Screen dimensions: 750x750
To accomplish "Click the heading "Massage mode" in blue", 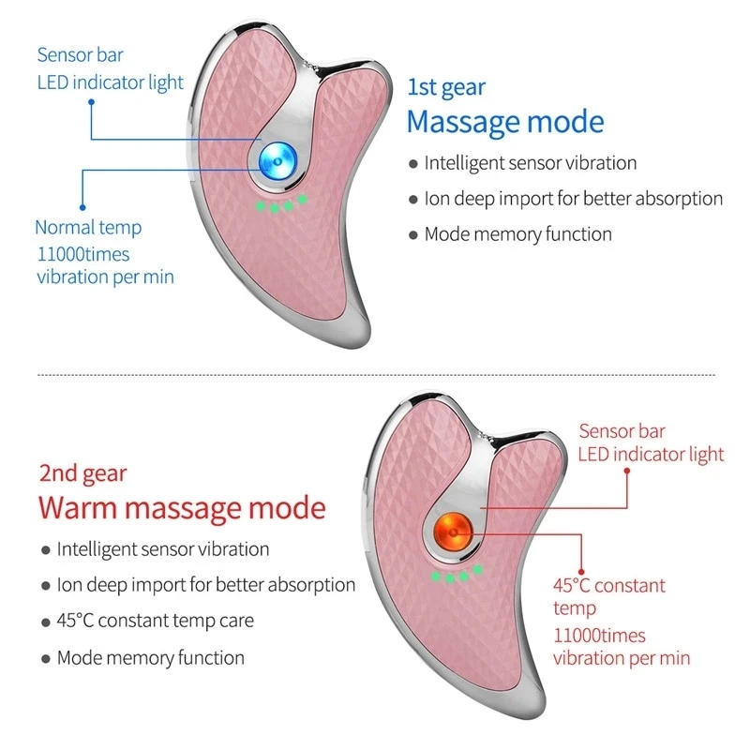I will point(505,122).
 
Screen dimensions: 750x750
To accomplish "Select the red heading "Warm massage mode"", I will point(182,507).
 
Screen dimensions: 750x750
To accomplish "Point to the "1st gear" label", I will point(446,88).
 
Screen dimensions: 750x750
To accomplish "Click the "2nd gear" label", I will point(82,473).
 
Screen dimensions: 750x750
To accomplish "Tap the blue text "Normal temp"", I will point(88,227).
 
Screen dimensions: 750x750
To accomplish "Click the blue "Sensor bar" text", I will point(80,54).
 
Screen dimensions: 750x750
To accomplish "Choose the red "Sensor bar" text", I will point(622,431).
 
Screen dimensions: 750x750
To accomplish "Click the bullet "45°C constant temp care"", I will point(155,621).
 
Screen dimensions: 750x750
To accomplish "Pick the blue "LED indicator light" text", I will point(111,82).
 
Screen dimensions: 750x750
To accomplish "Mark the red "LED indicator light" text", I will point(651,455).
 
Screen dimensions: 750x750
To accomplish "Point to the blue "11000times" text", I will point(82,253).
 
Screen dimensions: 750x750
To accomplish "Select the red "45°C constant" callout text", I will point(608,586).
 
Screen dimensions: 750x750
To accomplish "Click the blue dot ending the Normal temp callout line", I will point(82,205).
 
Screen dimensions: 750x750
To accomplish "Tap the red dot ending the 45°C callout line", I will point(582,568).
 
